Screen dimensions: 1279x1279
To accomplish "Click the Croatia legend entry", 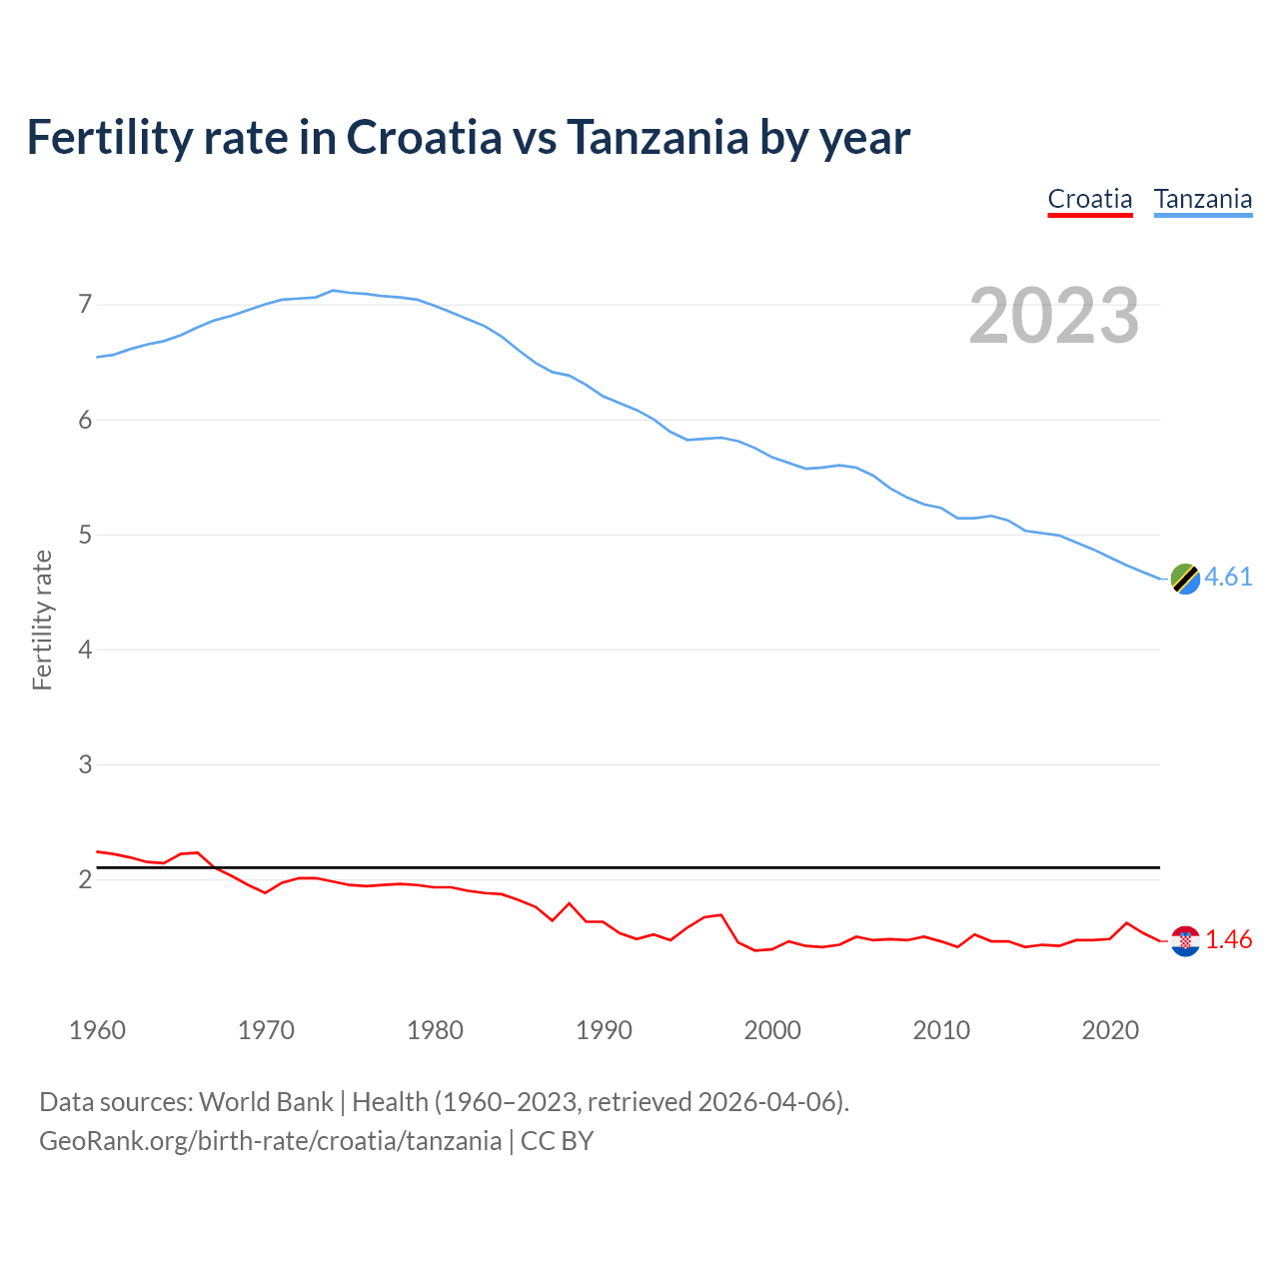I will pyautogui.click(x=1089, y=199).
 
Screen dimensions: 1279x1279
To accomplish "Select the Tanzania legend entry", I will pyautogui.click(x=1202, y=199).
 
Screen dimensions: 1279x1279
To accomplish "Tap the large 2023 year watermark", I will pyautogui.click(x=1054, y=316).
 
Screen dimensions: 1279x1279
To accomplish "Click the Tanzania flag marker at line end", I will pyautogui.click(x=1185, y=578).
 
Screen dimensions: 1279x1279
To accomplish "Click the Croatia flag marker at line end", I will pyautogui.click(x=1185, y=940).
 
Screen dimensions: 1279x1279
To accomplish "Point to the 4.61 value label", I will pyautogui.click(x=1228, y=578).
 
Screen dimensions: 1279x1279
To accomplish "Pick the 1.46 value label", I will pyautogui.click(x=1228, y=940).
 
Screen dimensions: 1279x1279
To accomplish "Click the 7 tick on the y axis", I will pyautogui.click(x=85, y=304).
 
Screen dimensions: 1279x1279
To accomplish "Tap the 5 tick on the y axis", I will pyautogui.click(x=85, y=535).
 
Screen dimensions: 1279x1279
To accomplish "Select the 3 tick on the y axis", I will pyautogui.click(x=85, y=764).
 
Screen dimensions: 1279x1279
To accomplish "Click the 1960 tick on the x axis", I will pyautogui.click(x=97, y=1030).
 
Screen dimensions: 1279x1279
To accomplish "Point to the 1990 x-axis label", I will pyautogui.click(x=604, y=1030).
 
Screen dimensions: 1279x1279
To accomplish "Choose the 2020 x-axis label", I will pyautogui.click(x=1110, y=1030).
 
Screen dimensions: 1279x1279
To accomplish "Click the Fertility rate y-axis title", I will pyautogui.click(x=42, y=620).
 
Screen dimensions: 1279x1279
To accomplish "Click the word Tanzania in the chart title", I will pyautogui.click(x=656, y=137).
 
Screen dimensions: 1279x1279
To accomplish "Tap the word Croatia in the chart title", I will pyautogui.click(x=424, y=137).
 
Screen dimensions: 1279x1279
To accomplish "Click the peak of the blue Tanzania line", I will pyautogui.click(x=333, y=290).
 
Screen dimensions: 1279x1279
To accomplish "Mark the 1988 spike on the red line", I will pyautogui.click(x=570, y=903).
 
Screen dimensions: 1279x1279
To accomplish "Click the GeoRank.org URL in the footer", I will pyautogui.click(x=270, y=1141).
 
